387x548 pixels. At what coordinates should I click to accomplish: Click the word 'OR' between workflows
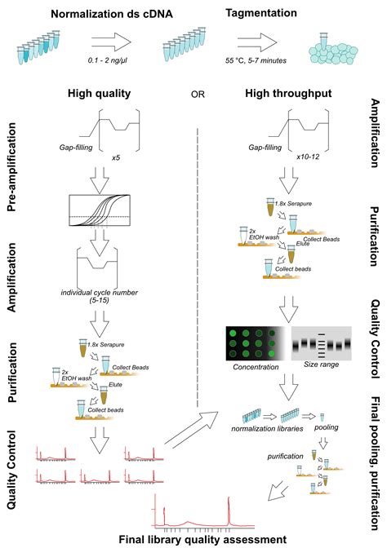(197, 95)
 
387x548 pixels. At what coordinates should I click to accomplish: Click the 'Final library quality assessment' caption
(203, 539)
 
